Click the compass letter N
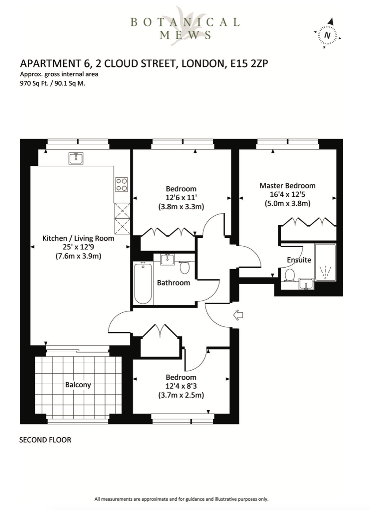click(x=328, y=35)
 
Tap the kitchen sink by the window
click(x=76, y=158)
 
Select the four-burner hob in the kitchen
click(x=122, y=184)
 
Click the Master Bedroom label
click(x=287, y=186)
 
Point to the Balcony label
click(x=78, y=385)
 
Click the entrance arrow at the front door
click(x=238, y=315)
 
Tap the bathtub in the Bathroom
click(x=143, y=283)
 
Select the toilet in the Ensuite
click(x=289, y=275)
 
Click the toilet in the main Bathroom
click(x=185, y=267)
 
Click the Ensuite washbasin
click(x=306, y=284)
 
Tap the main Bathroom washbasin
click(x=168, y=259)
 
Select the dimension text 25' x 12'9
click(x=79, y=247)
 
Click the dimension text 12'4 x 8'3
click(x=181, y=386)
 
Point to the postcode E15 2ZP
click(x=249, y=63)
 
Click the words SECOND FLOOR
click(x=45, y=440)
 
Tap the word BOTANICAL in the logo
click(x=185, y=22)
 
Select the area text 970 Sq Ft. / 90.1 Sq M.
click(x=53, y=83)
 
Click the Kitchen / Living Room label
click(x=79, y=238)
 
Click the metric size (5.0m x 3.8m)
click(x=287, y=204)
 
